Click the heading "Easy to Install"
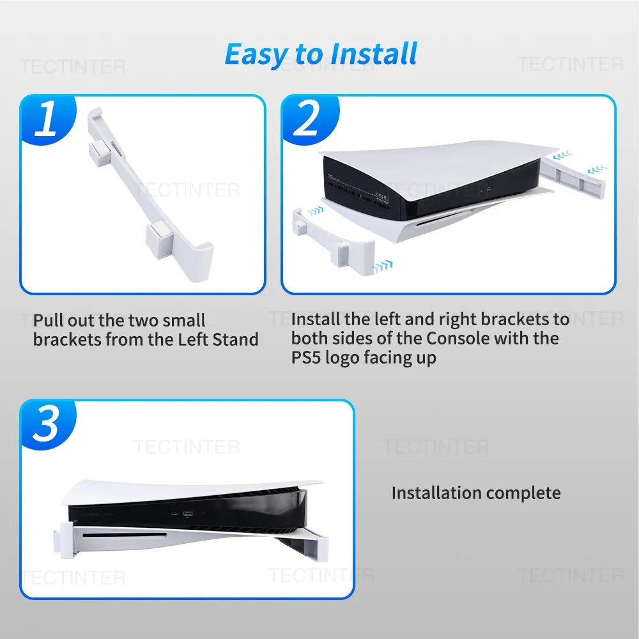[x=320, y=54]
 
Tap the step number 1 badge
[x=46, y=119]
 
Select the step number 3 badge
[x=46, y=424]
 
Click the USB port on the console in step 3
[x=188, y=513]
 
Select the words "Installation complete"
[x=476, y=493]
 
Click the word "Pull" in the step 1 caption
[x=49, y=321]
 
